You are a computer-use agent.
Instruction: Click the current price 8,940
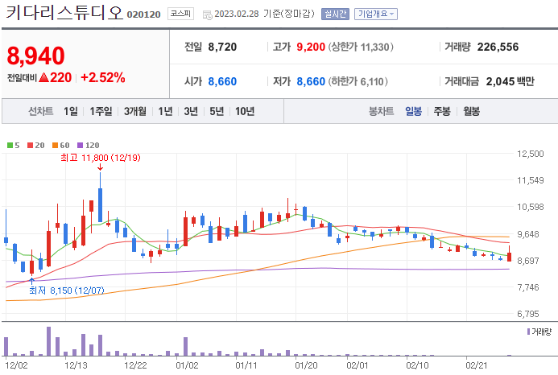35,56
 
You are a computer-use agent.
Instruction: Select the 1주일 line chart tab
101,111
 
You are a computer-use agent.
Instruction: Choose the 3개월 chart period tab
135,111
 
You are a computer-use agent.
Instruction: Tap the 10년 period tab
245,111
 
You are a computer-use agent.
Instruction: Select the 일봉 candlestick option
414,111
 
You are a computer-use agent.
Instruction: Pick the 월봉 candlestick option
472,111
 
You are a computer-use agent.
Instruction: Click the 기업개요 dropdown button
376,14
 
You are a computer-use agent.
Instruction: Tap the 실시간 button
335,14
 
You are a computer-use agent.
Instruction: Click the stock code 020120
144,14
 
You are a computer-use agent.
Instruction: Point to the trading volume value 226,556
498,47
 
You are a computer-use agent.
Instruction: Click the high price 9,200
311,47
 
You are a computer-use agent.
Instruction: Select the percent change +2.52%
103,77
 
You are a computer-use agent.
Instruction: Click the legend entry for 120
89,145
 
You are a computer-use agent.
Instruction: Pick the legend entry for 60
61,145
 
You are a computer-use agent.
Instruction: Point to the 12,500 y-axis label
531,154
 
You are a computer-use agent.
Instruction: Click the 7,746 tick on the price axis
531,287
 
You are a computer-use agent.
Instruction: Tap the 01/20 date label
306,365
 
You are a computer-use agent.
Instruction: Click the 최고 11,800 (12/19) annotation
101,158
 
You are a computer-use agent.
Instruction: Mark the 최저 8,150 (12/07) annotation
67,291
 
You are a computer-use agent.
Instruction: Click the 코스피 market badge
181,14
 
